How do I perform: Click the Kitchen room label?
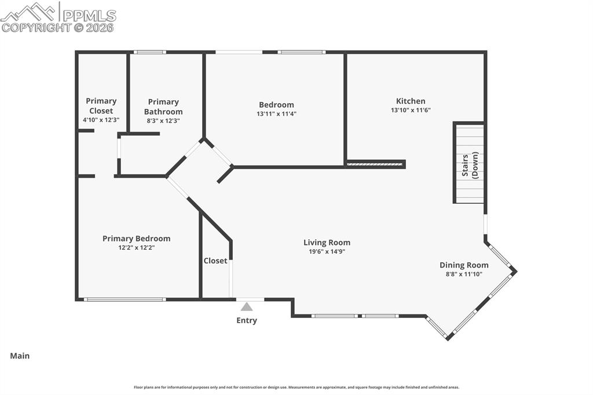click(411, 101)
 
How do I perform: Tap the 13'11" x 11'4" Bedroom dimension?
click(276, 114)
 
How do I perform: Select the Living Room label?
click(327, 243)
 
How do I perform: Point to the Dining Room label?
click(463, 265)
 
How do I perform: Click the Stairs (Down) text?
click(470, 165)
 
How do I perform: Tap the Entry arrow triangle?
click(247, 307)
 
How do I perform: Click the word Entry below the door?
click(247, 320)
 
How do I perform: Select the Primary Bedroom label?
click(136, 239)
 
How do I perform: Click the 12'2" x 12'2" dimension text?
click(136, 248)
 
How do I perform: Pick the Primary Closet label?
click(101, 105)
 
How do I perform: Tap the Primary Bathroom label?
click(163, 107)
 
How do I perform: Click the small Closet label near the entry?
click(215, 261)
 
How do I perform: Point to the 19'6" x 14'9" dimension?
click(327, 252)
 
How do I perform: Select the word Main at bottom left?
click(20, 356)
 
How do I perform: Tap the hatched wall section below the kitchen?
click(374, 165)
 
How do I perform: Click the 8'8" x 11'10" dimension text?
click(463, 275)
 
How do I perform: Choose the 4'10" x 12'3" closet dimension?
click(101, 120)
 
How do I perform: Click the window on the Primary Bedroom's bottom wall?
click(125, 299)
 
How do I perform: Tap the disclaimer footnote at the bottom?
click(296, 387)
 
